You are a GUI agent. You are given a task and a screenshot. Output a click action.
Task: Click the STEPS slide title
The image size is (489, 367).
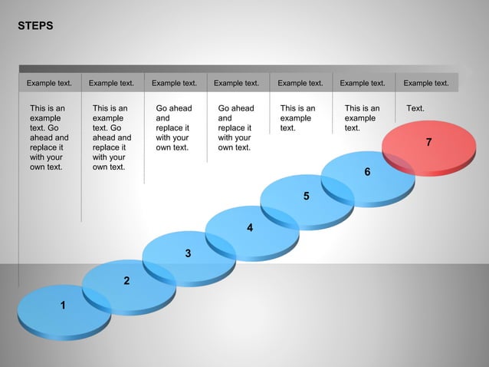click(35, 26)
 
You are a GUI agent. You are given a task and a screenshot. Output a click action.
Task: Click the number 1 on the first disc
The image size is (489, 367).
click(63, 306)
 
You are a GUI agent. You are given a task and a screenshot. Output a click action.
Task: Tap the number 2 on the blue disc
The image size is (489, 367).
click(126, 281)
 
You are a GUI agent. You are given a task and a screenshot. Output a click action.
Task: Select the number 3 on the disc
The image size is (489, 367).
click(188, 253)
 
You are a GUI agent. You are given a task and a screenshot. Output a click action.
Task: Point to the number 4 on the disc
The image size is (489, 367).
click(249, 228)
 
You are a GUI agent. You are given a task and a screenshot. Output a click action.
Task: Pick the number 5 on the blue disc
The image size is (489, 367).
click(306, 197)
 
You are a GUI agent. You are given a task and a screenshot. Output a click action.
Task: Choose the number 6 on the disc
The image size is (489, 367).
click(367, 172)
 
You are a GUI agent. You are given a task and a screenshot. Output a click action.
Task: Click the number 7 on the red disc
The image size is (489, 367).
click(429, 142)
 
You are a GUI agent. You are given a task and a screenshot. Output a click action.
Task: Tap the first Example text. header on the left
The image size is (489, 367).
click(49, 83)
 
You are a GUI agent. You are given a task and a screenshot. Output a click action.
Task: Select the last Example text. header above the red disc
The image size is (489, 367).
click(426, 83)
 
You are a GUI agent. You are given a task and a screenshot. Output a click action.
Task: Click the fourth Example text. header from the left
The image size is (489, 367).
click(236, 83)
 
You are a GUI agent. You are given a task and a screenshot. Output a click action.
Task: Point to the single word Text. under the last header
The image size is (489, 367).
click(415, 108)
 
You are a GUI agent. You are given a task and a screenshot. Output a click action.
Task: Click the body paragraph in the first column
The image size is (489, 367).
click(48, 137)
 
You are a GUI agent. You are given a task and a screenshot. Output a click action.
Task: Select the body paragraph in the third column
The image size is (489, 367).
click(174, 127)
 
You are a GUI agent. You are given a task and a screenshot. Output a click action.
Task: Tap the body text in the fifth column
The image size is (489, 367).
click(297, 118)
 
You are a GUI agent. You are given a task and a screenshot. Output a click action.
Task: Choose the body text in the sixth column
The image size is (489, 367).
click(362, 118)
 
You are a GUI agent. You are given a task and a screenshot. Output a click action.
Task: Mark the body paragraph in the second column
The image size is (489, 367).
click(111, 137)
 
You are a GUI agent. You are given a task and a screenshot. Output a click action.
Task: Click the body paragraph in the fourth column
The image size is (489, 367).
click(236, 127)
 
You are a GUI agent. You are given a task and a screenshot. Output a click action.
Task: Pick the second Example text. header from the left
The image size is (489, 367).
click(111, 83)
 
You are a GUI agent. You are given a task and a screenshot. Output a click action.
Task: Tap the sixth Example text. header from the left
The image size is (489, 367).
click(363, 83)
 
